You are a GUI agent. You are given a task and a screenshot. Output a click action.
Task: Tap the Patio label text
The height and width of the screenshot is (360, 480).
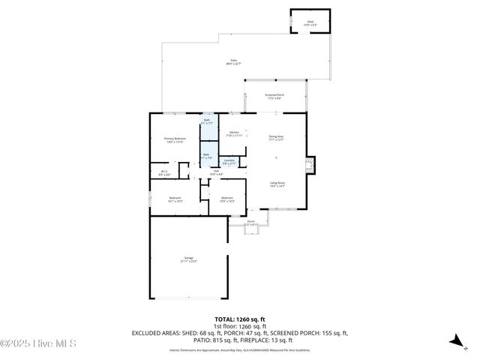tap(233, 62)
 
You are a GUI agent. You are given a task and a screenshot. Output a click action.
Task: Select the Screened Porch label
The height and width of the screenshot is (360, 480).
tap(274, 96)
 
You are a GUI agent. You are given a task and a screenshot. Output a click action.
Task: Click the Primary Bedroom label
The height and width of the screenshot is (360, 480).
tap(175, 140)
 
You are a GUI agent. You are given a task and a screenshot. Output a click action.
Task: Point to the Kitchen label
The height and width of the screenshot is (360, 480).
tap(234, 134)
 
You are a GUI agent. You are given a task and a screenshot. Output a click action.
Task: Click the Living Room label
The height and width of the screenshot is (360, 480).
tap(277, 184)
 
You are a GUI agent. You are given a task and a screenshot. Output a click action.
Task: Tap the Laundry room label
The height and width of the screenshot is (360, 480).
tap(229, 161)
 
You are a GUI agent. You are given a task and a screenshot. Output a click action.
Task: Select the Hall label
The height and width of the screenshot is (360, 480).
tap(215, 172)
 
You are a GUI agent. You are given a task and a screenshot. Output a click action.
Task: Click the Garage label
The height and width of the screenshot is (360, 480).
tap(188, 259)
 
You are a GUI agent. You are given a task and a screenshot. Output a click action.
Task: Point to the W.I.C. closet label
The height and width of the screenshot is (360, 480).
tap(165, 173)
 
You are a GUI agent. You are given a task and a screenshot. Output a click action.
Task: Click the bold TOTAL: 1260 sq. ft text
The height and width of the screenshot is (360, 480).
tap(239, 319)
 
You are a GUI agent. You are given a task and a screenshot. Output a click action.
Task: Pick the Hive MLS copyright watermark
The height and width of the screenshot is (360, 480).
tap(38, 344)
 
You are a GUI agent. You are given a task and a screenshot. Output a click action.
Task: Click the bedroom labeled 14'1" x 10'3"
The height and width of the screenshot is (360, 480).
tap(175, 199)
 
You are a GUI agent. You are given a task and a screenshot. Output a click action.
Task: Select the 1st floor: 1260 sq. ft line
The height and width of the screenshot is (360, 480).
tap(240, 326)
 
